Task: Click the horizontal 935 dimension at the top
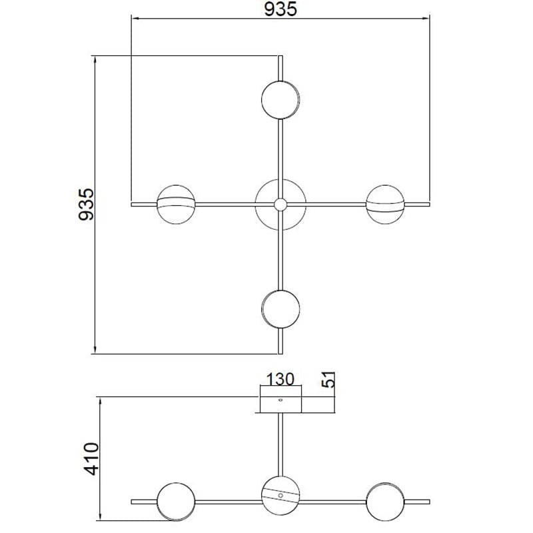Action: point(280,9)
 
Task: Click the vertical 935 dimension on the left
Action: point(86,205)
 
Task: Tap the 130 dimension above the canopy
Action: point(280,379)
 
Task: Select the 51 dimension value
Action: point(328,380)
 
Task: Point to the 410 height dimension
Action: point(92,458)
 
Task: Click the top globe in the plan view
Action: point(280,100)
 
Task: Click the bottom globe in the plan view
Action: point(280,309)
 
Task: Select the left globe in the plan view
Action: point(176,205)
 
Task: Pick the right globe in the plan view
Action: point(385,205)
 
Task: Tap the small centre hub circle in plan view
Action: point(280,205)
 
